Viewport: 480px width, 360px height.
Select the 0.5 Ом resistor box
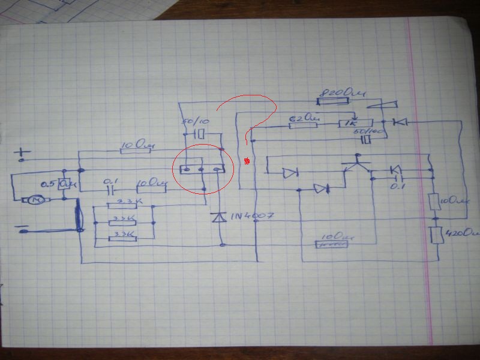click(x=62, y=184)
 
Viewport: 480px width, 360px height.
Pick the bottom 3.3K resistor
click(x=123, y=238)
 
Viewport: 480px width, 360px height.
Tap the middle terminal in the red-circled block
click(x=201, y=170)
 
